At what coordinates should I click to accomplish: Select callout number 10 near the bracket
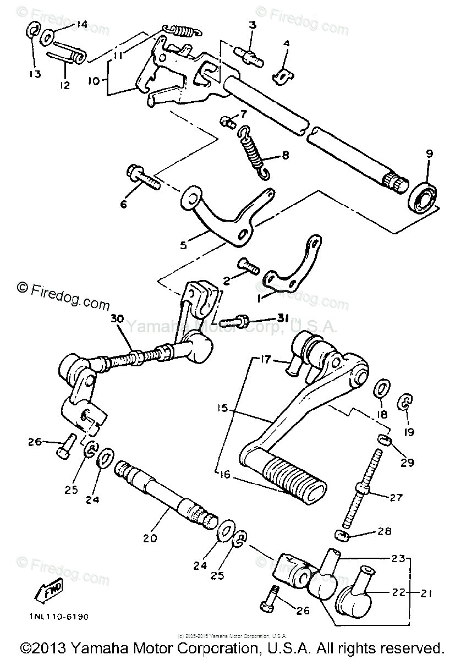pyautogui.click(x=94, y=80)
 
